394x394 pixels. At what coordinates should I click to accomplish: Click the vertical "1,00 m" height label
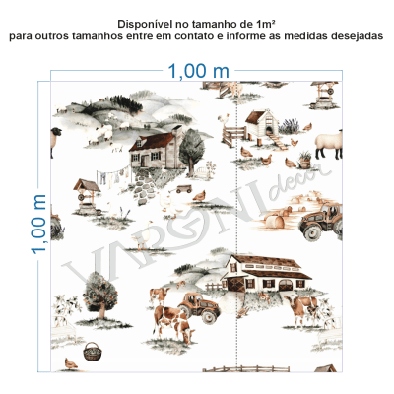point(39,223)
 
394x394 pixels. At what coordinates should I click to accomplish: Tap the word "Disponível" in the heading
point(146,23)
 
